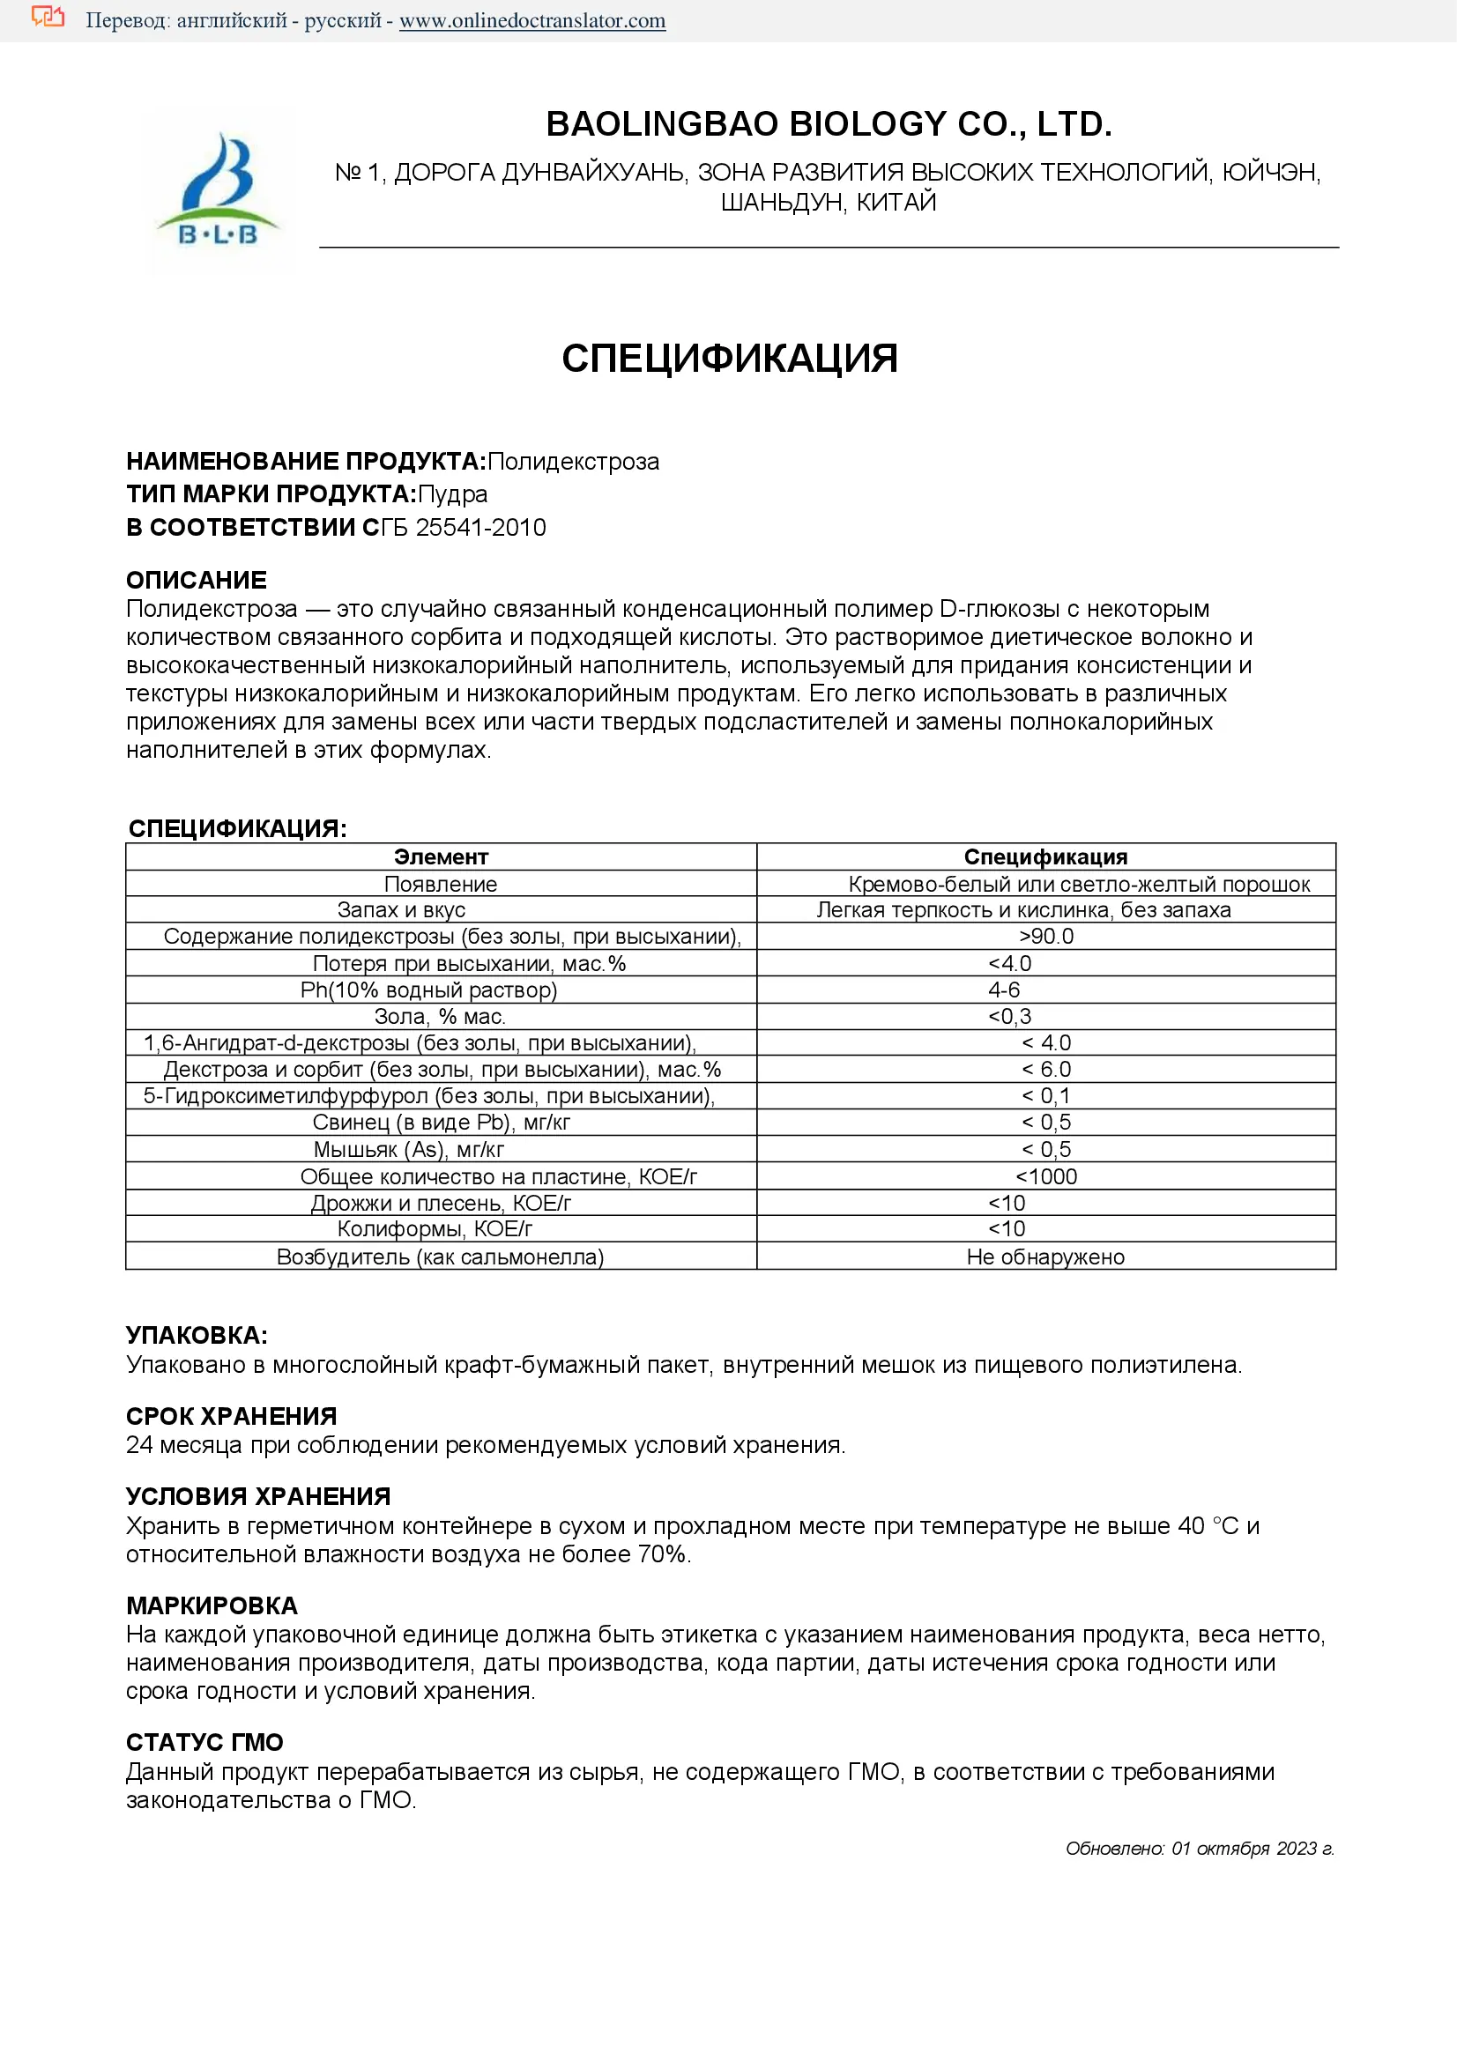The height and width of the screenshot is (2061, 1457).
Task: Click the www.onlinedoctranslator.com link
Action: (532, 20)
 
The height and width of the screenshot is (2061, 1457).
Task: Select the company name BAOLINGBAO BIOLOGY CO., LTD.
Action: (829, 124)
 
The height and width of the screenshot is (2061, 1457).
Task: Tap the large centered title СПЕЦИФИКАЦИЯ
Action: (729, 358)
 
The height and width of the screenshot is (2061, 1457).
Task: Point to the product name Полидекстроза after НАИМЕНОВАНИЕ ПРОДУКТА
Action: (573, 462)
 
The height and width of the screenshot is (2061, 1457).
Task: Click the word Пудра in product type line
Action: (453, 493)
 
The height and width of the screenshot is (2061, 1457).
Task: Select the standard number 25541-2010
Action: (480, 527)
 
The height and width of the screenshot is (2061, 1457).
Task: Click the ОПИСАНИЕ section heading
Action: (197, 580)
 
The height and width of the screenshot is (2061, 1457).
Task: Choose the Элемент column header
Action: (441, 856)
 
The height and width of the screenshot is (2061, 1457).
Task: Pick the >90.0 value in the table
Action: (1046, 937)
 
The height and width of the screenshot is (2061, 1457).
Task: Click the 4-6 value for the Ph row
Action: (1004, 990)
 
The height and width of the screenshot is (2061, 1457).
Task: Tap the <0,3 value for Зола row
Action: (1010, 1016)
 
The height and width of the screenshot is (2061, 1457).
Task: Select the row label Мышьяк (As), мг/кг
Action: (408, 1149)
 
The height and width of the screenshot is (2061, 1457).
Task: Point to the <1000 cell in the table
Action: (1046, 1176)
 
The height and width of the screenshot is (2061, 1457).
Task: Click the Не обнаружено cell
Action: (1045, 1257)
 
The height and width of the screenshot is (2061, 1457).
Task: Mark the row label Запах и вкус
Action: (401, 910)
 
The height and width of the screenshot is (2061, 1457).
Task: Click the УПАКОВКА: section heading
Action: (197, 1335)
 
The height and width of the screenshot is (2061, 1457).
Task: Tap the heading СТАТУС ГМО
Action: (204, 1742)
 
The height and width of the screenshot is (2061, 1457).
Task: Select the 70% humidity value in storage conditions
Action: (662, 1553)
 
